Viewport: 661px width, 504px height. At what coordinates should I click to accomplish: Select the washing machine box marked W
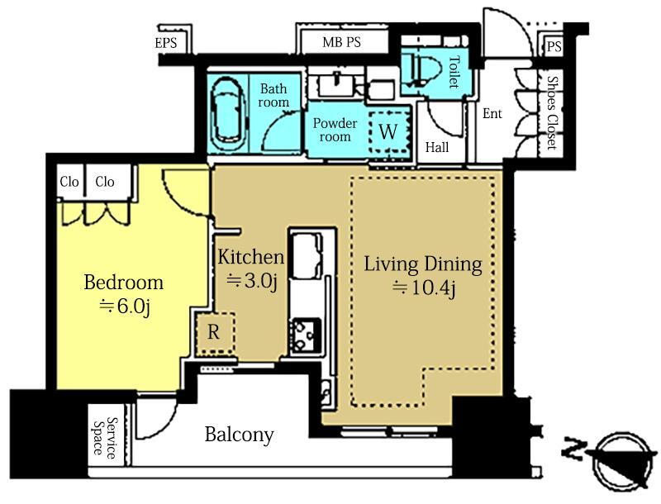point(388,132)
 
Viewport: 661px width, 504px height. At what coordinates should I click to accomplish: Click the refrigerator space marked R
point(215,333)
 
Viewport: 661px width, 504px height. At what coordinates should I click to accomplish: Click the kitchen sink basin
point(307,256)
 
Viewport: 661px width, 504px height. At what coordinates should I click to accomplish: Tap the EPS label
point(166,43)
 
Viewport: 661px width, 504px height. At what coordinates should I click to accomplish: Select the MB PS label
point(341,42)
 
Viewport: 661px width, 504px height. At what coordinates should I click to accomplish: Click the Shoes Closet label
point(551,113)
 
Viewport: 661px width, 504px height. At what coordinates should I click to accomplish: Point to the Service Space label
point(105,437)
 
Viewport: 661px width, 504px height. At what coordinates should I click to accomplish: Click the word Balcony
point(239,435)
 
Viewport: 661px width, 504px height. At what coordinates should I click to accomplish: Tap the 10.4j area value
point(424,288)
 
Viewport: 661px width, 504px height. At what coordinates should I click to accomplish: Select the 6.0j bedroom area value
point(125,307)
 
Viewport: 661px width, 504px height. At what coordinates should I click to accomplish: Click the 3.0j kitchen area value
point(252,281)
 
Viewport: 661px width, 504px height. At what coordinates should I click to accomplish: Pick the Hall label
point(437,148)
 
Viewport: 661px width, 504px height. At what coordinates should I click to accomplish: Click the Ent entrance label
point(492,113)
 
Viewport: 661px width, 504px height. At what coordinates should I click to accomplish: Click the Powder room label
point(335,130)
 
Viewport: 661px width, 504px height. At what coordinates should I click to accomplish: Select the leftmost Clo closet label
point(69,182)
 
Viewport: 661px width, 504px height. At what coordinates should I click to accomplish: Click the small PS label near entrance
point(554,46)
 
